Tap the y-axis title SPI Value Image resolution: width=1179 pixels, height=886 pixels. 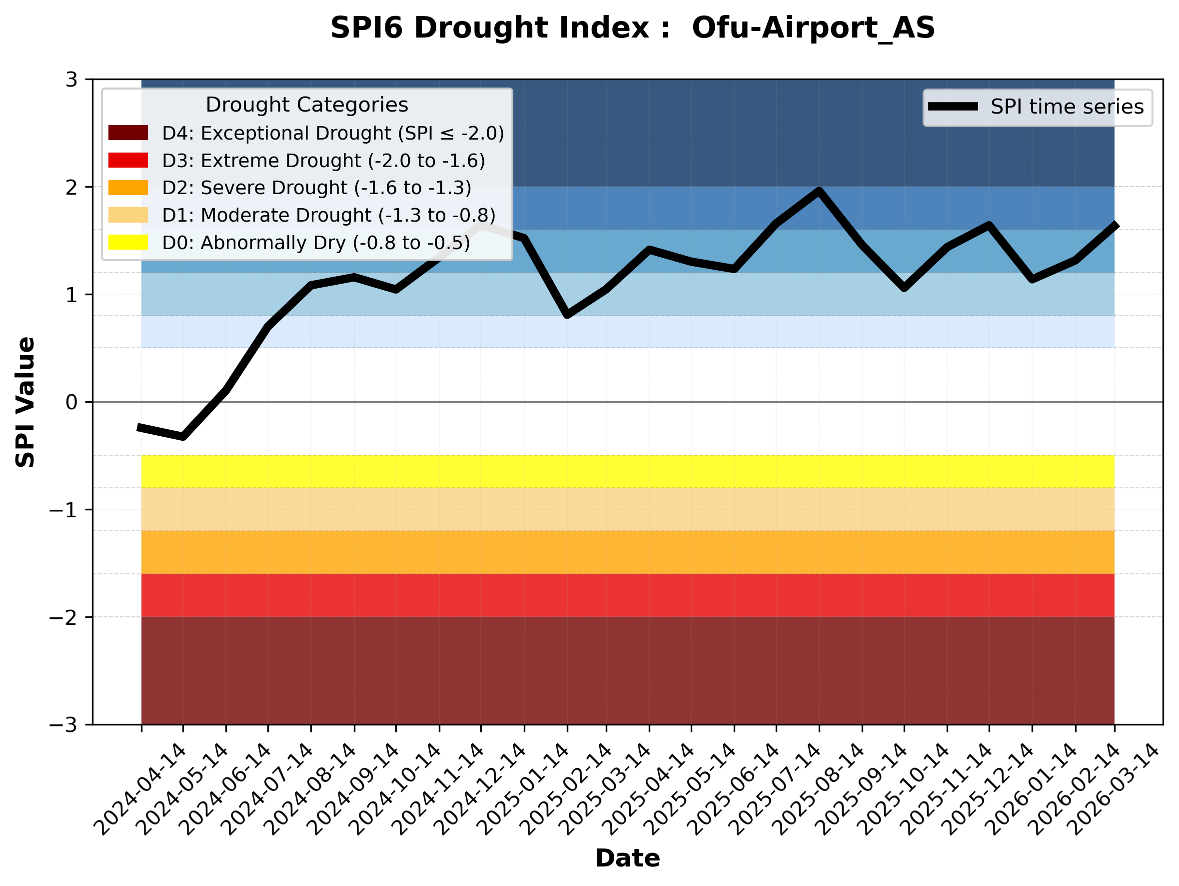pyautogui.click(x=25, y=402)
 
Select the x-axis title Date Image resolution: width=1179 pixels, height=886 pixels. pyautogui.click(x=627, y=858)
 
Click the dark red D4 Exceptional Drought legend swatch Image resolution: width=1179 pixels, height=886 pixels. pyautogui.click(x=128, y=133)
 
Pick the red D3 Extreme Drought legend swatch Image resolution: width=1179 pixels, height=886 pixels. pyautogui.click(x=128, y=160)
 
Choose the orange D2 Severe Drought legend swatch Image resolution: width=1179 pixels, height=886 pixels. pyautogui.click(x=128, y=188)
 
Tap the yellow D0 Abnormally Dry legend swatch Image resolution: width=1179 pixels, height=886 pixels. pyautogui.click(x=128, y=242)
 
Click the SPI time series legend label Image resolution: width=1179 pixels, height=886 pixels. pyautogui.click(x=1067, y=107)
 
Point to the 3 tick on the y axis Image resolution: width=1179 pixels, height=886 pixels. pyautogui.click(x=71, y=80)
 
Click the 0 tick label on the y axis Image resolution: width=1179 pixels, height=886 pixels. pyautogui.click(x=71, y=402)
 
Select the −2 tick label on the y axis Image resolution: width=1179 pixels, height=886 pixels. pyautogui.click(x=64, y=617)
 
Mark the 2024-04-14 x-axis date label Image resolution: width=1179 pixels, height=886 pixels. pyautogui.click(x=141, y=789)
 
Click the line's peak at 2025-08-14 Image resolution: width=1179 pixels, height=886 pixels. pyautogui.click(x=819, y=191)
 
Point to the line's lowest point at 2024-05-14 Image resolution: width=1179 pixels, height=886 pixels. pyautogui.click(x=183, y=437)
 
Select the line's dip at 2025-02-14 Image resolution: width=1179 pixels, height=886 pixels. pyautogui.click(x=567, y=315)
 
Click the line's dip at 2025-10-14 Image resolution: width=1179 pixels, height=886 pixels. pyautogui.click(x=904, y=288)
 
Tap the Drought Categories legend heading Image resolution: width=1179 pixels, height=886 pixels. pyautogui.click(x=306, y=105)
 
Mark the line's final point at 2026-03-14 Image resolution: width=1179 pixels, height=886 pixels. pyautogui.click(x=1115, y=225)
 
